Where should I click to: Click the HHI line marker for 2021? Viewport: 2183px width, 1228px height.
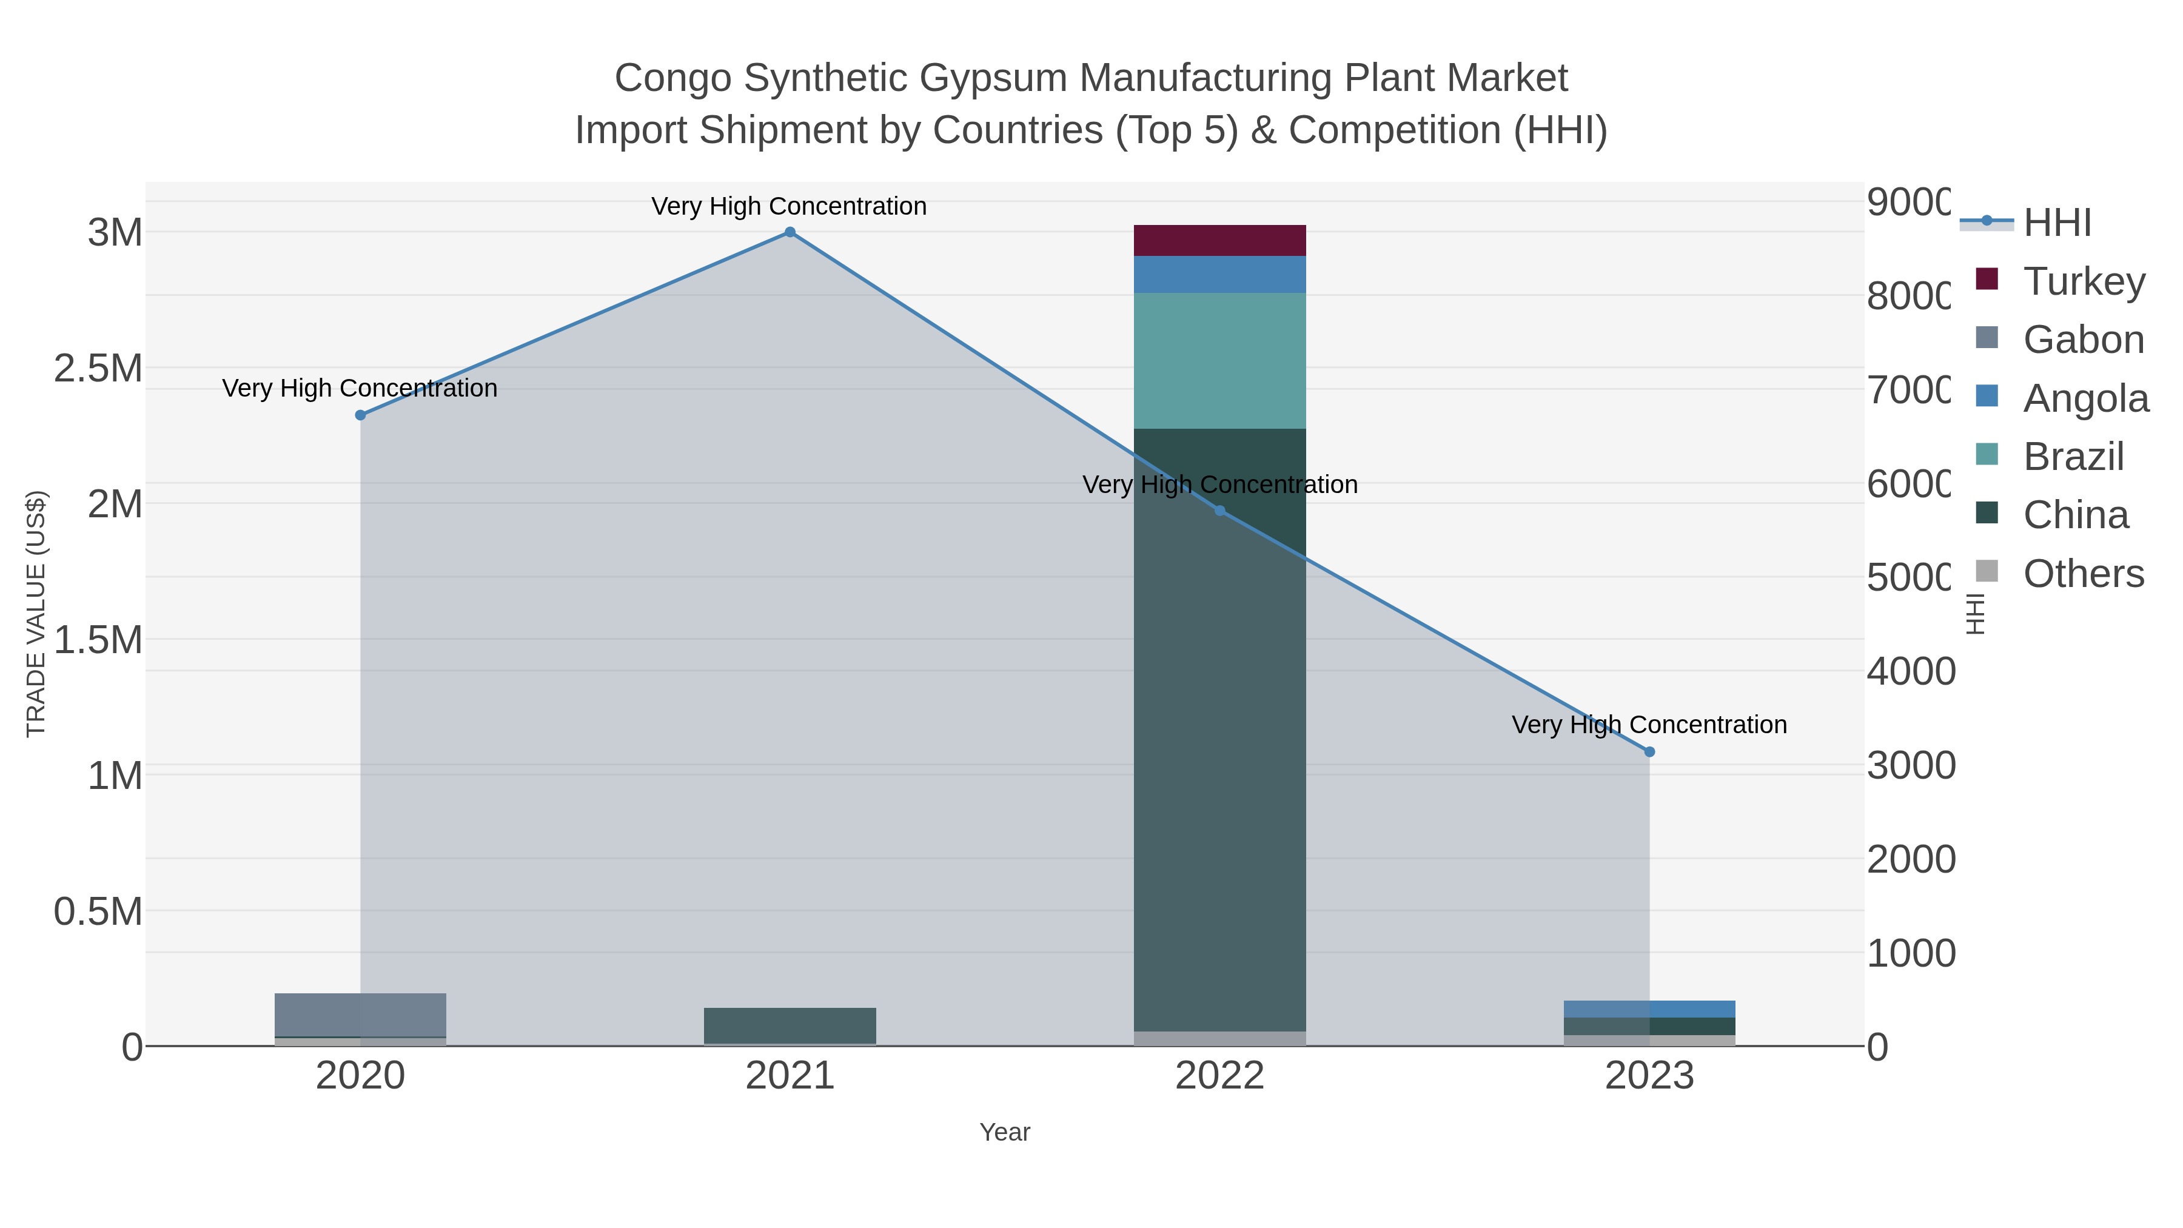coord(790,232)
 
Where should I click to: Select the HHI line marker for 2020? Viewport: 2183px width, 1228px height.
coord(360,415)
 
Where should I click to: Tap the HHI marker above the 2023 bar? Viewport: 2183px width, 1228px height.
coord(1649,752)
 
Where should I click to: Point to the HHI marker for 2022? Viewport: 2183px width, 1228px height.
coord(1219,510)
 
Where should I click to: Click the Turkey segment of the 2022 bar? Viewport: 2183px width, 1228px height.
coord(1219,241)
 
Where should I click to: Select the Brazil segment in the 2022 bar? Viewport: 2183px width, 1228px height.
coord(1219,361)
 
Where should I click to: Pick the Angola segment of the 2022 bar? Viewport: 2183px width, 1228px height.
coord(1219,275)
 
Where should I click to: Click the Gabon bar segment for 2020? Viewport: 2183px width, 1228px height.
coord(360,1015)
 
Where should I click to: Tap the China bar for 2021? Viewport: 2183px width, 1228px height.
coord(790,1025)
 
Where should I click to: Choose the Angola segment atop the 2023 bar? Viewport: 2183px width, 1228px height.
coord(1649,1008)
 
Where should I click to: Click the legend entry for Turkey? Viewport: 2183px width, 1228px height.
coord(2084,281)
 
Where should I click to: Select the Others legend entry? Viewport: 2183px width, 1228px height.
coord(2083,574)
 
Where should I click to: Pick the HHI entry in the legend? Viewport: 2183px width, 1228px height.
coord(2057,223)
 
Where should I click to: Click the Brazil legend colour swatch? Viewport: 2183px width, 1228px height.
coord(1987,454)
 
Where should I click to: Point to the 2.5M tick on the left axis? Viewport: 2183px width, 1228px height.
coord(98,369)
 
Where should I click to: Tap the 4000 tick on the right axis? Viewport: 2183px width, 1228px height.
coord(1910,671)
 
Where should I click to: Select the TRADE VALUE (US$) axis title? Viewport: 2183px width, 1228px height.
coord(36,614)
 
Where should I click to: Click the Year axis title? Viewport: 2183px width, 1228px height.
coord(1004,1132)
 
